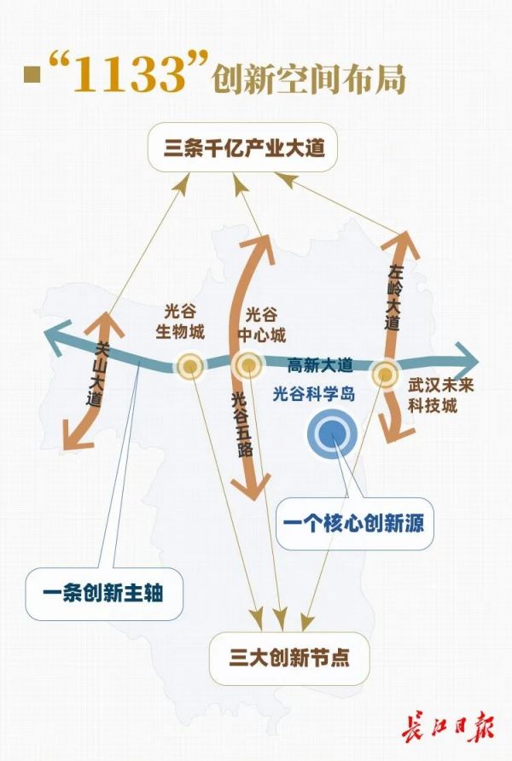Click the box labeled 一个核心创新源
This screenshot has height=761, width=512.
click(x=355, y=520)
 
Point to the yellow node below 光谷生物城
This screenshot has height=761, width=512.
click(x=190, y=367)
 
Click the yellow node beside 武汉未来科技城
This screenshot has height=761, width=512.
click(x=385, y=372)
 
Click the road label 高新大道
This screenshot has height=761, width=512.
click(x=320, y=365)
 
